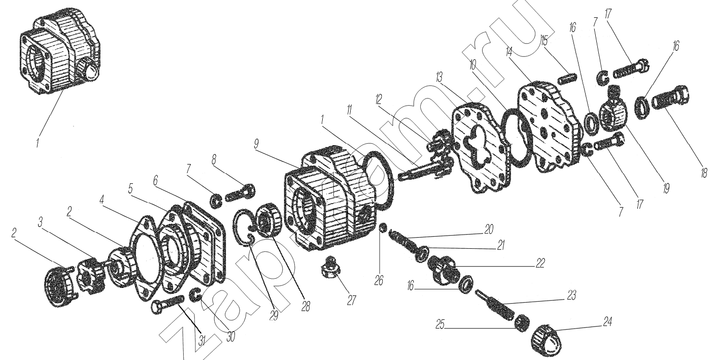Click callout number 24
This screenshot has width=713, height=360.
607,322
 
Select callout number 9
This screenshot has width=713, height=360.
256,144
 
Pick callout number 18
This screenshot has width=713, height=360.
703,173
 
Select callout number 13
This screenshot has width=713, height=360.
439,78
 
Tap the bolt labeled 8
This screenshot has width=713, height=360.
241,193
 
